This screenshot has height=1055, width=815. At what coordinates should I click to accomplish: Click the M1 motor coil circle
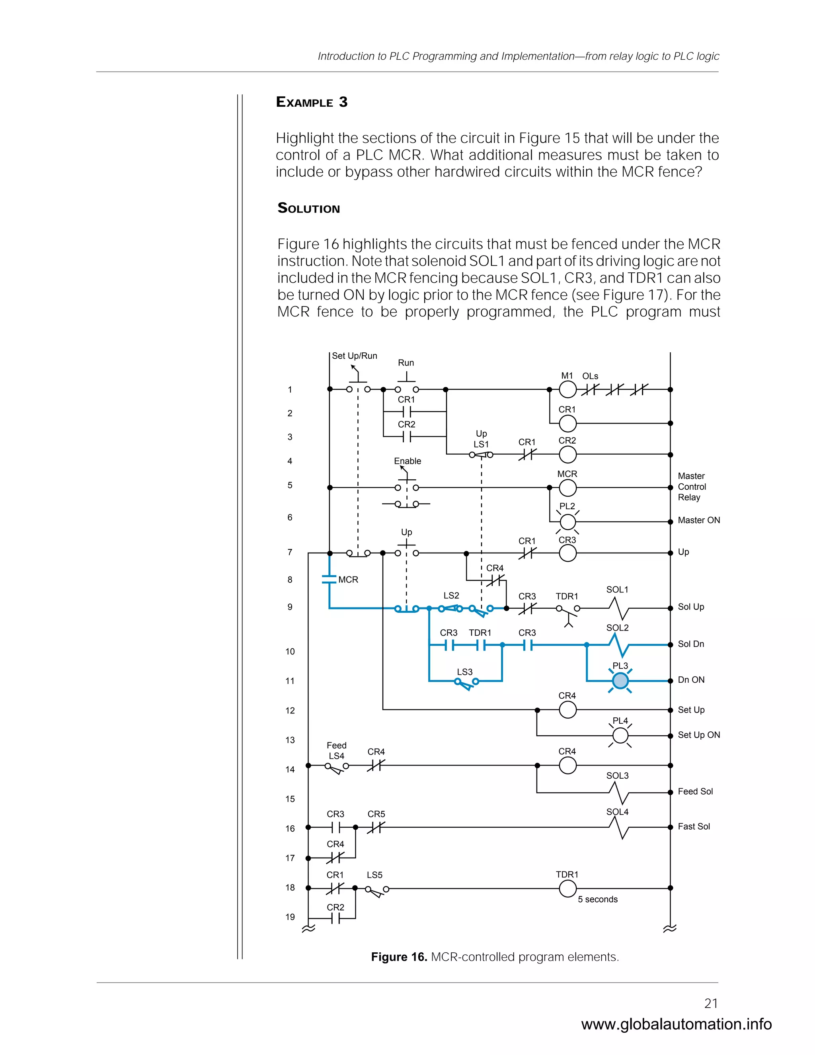[567, 389]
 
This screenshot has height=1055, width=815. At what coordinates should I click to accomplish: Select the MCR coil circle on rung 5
[567, 488]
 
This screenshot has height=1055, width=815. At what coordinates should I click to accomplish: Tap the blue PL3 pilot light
[620, 681]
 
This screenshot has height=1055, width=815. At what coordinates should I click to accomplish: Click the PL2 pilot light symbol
[567, 522]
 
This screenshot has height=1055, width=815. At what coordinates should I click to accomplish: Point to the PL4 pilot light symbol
[620, 736]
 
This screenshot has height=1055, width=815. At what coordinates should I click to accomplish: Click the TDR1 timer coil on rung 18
[567, 888]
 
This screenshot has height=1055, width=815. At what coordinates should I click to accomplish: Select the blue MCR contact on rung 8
[329, 579]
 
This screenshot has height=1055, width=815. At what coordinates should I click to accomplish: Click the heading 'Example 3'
[312, 102]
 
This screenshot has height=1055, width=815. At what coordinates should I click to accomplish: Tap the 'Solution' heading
[309, 208]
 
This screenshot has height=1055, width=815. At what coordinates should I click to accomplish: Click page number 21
[711, 1003]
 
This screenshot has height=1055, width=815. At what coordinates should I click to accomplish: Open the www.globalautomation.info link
[676, 1024]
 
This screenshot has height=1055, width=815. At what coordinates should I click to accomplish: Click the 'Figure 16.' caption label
[399, 957]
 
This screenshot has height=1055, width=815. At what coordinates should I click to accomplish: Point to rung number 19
[290, 917]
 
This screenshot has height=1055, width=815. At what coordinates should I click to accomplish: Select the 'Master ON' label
[699, 520]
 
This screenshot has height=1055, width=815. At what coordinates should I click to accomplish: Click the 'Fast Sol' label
[694, 826]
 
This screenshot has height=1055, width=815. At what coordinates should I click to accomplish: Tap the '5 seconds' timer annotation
[598, 899]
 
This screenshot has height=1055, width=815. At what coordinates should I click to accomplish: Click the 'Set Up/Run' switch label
[355, 356]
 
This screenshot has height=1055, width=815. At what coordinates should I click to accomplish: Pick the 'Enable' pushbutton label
[407, 461]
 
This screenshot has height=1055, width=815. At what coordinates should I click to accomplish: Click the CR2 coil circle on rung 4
[567, 455]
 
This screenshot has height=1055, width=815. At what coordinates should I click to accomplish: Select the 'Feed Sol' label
[695, 791]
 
